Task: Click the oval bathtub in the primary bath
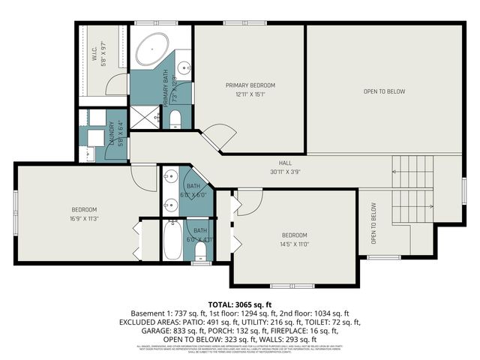click(154, 48)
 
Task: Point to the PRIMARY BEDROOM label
click(250, 85)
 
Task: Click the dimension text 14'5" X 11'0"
click(295, 244)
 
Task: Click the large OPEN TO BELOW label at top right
click(384, 91)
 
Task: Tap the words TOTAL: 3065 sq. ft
click(241, 303)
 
